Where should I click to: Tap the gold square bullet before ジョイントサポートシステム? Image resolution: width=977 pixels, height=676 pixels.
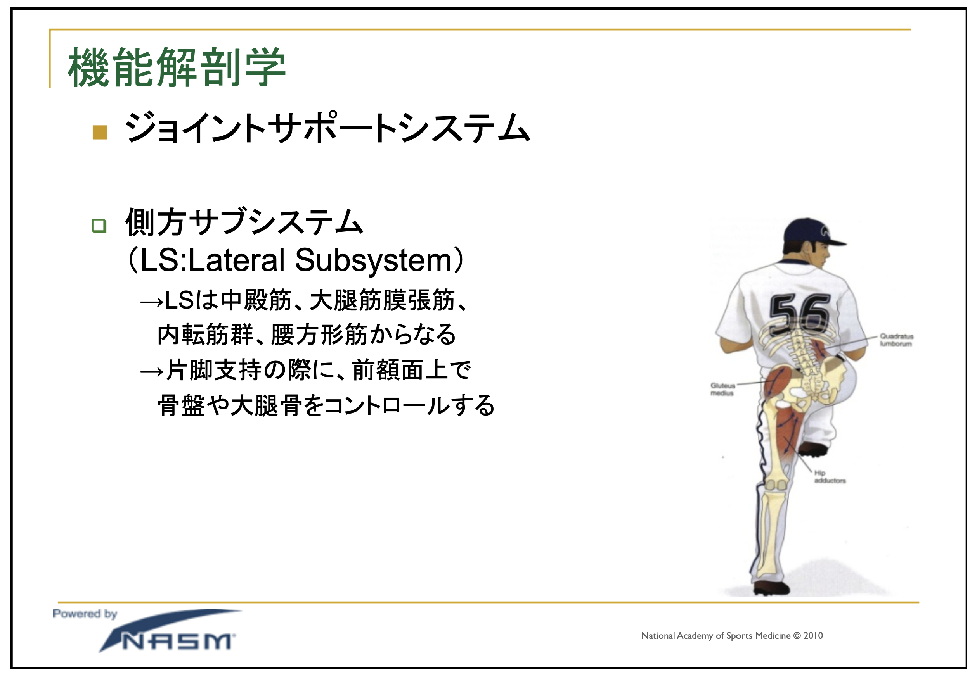click(x=100, y=132)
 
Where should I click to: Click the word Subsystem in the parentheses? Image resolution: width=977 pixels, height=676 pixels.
click(x=373, y=260)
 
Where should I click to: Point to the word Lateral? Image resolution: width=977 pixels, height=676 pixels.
click(x=236, y=260)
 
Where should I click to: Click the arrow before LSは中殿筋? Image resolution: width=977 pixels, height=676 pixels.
click(x=152, y=302)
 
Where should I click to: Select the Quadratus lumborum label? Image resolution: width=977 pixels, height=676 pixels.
click(x=896, y=340)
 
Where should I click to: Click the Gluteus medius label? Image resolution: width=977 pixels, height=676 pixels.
click(x=723, y=389)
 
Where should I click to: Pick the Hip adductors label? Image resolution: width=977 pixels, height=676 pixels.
click(x=830, y=476)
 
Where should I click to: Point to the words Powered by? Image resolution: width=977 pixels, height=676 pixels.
click(x=85, y=614)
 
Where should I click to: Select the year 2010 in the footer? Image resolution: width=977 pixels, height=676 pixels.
click(x=813, y=635)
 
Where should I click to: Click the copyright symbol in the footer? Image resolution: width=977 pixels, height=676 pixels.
click(x=797, y=635)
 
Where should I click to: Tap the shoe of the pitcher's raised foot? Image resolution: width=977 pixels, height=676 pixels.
click(x=813, y=449)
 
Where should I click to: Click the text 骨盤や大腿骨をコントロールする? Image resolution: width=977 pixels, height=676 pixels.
click(x=326, y=405)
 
